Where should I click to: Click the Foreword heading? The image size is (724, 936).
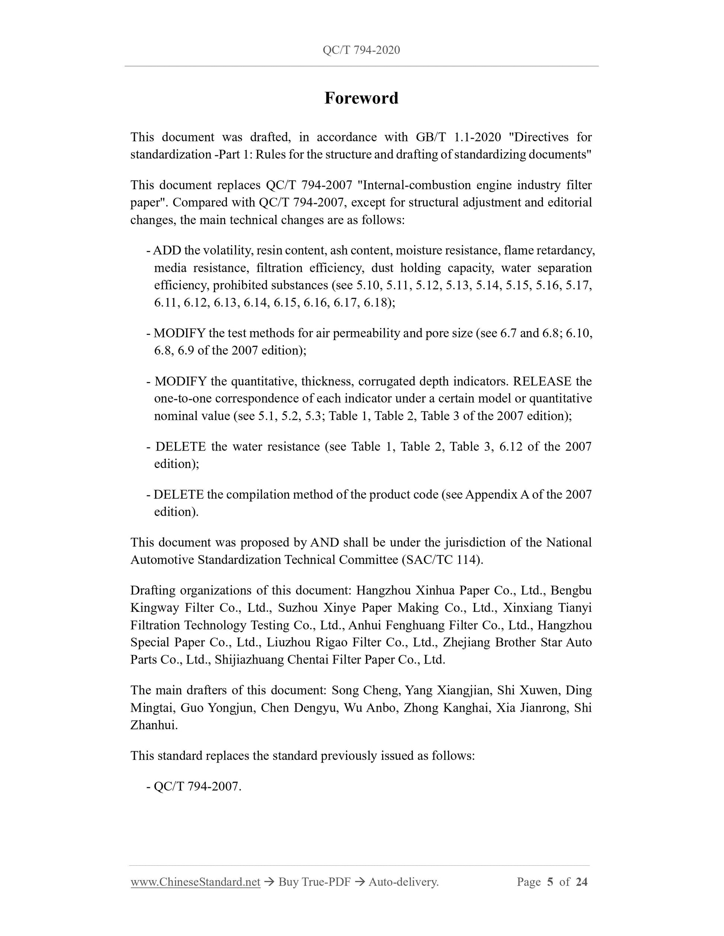pyautogui.click(x=361, y=98)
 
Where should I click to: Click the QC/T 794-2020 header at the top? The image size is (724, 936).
pyautogui.click(x=361, y=50)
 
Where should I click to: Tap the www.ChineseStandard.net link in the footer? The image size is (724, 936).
pyautogui.click(x=195, y=882)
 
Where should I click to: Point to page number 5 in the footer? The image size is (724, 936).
pyautogui.click(x=550, y=882)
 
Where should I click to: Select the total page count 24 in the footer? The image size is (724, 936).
pyautogui.click(x=582, y=882)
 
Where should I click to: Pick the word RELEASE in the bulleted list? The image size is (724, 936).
pyautogui.click(x=542, y=381)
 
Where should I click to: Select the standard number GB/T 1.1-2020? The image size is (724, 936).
pyautogui.click(x=458, y=137)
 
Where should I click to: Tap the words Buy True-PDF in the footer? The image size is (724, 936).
pyautogui.click(x=314, y=882)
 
